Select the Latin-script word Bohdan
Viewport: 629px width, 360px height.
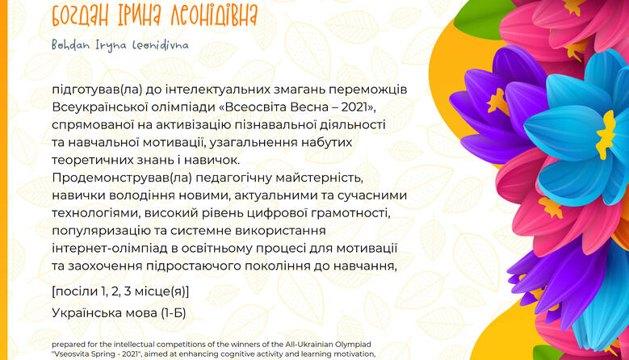[70, 45]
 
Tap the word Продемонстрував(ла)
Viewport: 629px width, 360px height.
[122, 178]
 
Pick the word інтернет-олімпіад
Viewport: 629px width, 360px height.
[110, 248]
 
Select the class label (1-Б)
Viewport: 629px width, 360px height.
[174, 312]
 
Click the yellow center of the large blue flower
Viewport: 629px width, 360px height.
[606, 134]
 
